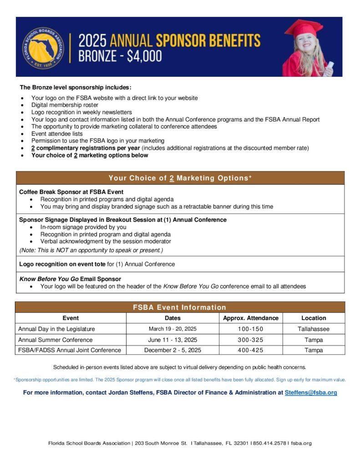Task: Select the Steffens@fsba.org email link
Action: [311, 392]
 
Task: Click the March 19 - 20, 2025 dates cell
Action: [172, 329]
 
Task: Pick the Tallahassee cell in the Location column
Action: [314, 329]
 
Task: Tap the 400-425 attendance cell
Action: [250, 350]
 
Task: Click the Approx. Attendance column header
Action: [250, 318]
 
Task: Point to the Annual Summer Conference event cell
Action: [55, 339]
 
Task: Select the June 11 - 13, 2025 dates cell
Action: [172, 339]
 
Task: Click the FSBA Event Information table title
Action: [179, 307]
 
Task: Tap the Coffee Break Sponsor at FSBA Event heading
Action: [71, 192]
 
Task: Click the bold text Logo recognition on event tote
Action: [62, 264]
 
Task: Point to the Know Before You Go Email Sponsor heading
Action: [70, 279]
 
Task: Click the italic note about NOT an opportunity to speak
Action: [91, 250]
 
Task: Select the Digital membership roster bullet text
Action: [65, 105]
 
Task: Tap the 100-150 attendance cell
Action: [250, 329]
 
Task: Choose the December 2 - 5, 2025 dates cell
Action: [172, 350]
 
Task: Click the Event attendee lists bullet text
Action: [57, 134]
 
